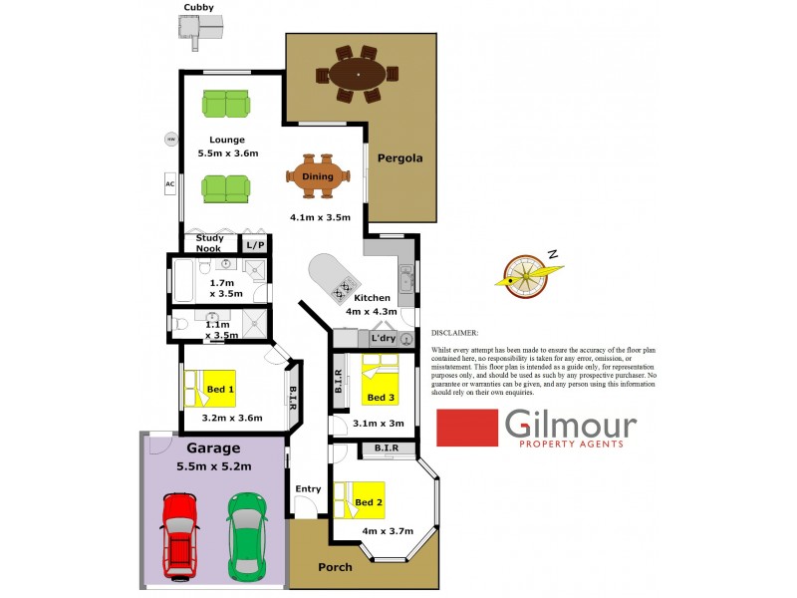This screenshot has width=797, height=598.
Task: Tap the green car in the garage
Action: click(x=247, y=536)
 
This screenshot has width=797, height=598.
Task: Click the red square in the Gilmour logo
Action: click(x=468, y=429)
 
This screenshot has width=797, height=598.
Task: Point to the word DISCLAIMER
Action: click(x=455, y=336)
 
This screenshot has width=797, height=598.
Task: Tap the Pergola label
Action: click(x=399, y=158)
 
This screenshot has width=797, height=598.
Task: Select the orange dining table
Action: click(x=319, y=176)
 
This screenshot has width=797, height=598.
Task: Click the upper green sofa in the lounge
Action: click(x=226, y=104)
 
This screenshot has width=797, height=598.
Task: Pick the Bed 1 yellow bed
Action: click(x=209, y=389)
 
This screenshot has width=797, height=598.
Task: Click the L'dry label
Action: click(x=383, y=339)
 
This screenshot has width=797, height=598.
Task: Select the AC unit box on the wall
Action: click(x=170, y=184)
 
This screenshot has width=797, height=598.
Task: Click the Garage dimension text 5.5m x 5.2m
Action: click(x=213, y=466)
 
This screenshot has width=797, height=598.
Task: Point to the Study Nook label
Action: click(x=209, y=244)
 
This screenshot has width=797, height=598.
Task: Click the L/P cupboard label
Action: click(x=253, y=244)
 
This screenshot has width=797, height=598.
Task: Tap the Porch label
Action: click(x=335, y=568)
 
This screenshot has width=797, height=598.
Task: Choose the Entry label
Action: click(x=309, y=488)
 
